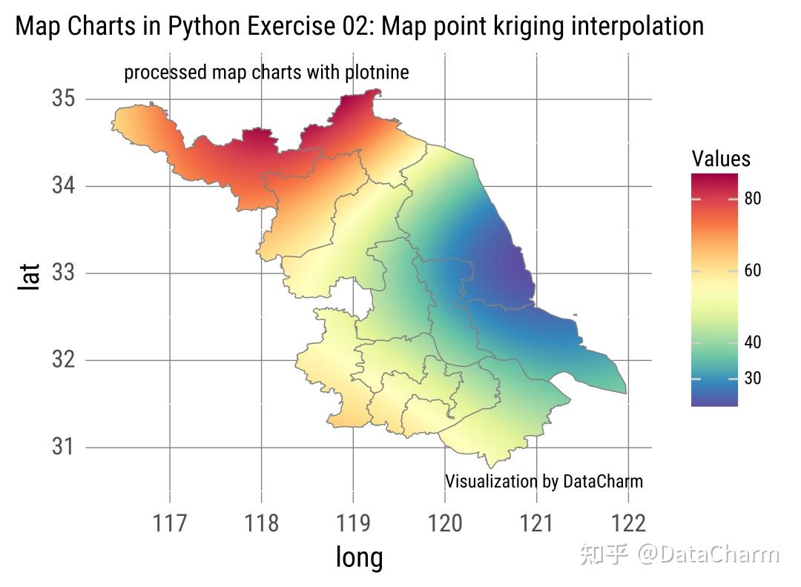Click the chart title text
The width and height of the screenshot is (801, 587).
tap(359, 27)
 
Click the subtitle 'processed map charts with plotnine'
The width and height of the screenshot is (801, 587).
tap(266, 73)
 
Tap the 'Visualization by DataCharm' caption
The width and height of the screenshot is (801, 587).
tap(544, 481)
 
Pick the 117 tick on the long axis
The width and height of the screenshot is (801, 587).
tap(170, 523)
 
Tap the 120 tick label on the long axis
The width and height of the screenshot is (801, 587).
tap(445, 523)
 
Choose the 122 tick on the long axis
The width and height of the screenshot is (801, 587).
tap(628, 523)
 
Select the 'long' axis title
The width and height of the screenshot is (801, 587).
tap(359, 557)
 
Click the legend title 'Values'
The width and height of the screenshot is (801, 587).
tap(720, 159)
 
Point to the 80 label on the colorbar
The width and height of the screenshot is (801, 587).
tap(753, 199)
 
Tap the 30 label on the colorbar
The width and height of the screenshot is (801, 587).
tap(753, 378)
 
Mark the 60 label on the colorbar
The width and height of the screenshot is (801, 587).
tap(753, 271)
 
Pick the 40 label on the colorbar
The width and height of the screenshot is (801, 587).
tap(753, 342)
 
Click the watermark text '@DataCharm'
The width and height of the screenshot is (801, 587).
tap(710, 554)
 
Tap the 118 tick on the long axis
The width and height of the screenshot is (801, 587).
tap(262, 523)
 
